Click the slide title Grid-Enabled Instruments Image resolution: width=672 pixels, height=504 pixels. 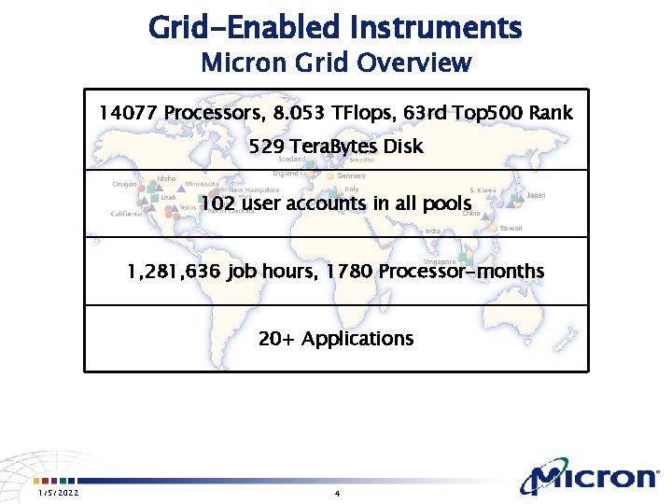335,27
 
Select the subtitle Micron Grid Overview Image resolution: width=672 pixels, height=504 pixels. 335,63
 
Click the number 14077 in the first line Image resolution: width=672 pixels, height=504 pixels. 128,113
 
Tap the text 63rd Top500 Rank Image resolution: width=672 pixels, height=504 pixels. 488,113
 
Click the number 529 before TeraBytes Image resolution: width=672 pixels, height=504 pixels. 268,147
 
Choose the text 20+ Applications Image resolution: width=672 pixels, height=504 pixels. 335,338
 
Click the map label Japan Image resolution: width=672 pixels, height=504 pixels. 536,196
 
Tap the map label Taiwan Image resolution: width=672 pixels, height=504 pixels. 511,229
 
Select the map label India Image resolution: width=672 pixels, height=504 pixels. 432,231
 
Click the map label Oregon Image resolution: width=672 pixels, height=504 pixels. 124,185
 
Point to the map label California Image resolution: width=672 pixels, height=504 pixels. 126,214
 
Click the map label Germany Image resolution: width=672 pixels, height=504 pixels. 351,176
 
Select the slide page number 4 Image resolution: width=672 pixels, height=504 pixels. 336,493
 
